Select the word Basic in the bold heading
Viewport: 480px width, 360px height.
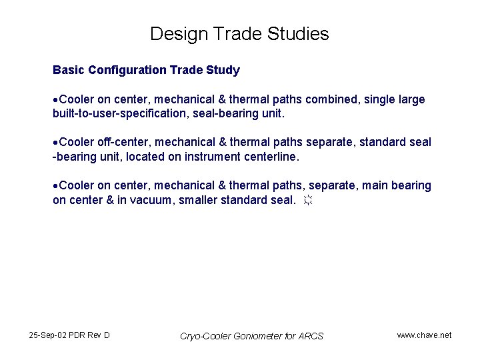[x=67, y=70]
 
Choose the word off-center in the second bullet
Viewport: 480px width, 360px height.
[x=124, y=143]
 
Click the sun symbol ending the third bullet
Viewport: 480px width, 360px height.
[x=307, y=199]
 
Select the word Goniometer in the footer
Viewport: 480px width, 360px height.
[x=257, y=336]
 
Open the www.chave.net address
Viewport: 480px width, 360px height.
[x=424, y=335]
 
